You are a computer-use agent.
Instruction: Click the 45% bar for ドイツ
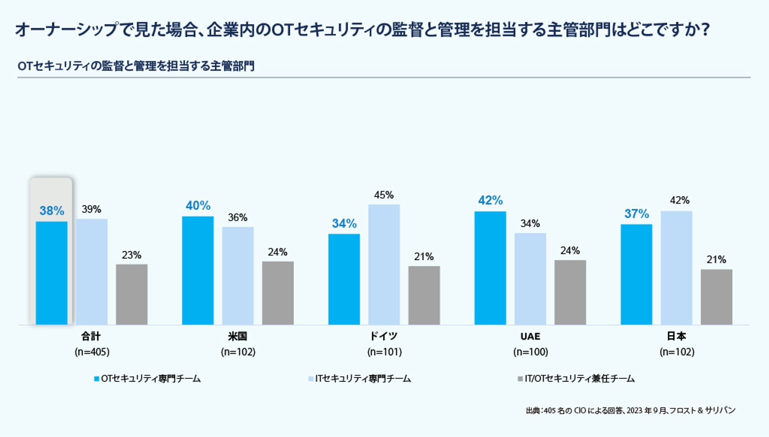tap(384, 264)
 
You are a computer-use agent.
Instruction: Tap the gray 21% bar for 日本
tap(716, 297)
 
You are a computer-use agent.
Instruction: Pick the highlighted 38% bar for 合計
tap(51, 273)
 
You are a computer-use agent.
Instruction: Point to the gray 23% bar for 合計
tap(131, 294)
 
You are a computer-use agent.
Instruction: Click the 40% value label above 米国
tap(198, 205)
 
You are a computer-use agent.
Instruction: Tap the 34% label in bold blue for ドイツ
tap(344, 224)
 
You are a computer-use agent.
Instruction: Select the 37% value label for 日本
tap(636, 214)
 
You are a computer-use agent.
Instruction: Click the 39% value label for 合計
tap(91, 209)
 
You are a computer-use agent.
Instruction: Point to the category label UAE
tap(530, 336)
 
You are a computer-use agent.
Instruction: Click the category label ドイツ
tap(384, 336)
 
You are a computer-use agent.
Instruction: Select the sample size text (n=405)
tap(92, 352)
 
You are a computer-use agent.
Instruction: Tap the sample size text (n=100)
tap(530, 352)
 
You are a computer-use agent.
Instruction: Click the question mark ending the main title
tap(706, 30)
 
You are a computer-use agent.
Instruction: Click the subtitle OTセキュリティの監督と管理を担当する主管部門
tap(136, 66)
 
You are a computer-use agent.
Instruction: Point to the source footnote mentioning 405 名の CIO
tap(630, 411)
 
